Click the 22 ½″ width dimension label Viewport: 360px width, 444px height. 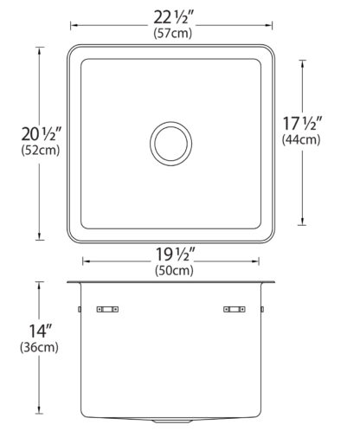click(171, 18)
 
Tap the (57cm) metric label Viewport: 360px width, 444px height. click(172, 33)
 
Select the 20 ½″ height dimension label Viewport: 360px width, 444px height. click(42, 134)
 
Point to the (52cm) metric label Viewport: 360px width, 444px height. click(41, 150)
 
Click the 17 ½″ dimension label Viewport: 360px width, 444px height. click(302, 124)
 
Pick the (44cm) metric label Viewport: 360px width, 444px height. click(301, 139)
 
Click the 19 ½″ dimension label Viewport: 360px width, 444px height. click(176, 254)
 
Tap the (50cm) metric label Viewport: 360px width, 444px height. click(174, 271)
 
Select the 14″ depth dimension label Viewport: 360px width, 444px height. click(41, 331)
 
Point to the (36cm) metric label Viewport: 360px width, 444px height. click(39, 347)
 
